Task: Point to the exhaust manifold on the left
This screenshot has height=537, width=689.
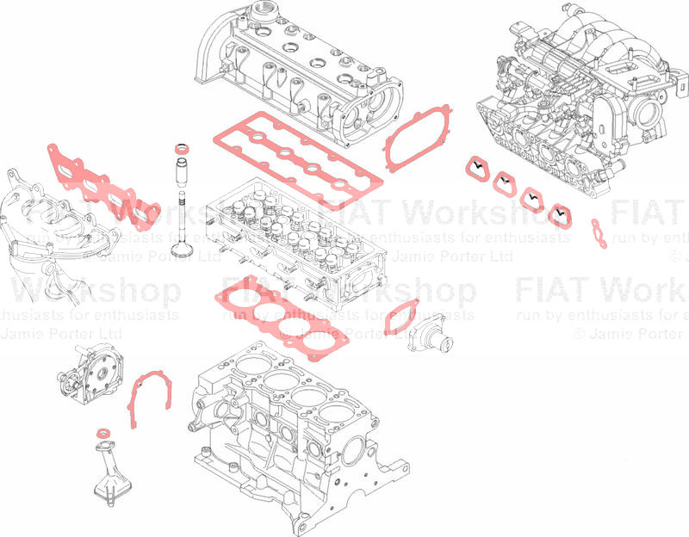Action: tap(34, 215)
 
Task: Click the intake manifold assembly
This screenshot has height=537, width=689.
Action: tap(577, 95)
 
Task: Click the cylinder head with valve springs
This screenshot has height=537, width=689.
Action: tap(293, 241)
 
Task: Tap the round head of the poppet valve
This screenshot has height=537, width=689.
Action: tap(183, 250)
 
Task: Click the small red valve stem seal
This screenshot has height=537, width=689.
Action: tap(183, 151)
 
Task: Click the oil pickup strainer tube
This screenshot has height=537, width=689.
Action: tap(109, 469)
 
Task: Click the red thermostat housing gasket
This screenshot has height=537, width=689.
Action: tap(400, 316)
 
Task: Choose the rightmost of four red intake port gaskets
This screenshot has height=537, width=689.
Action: tap(561, 215)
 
